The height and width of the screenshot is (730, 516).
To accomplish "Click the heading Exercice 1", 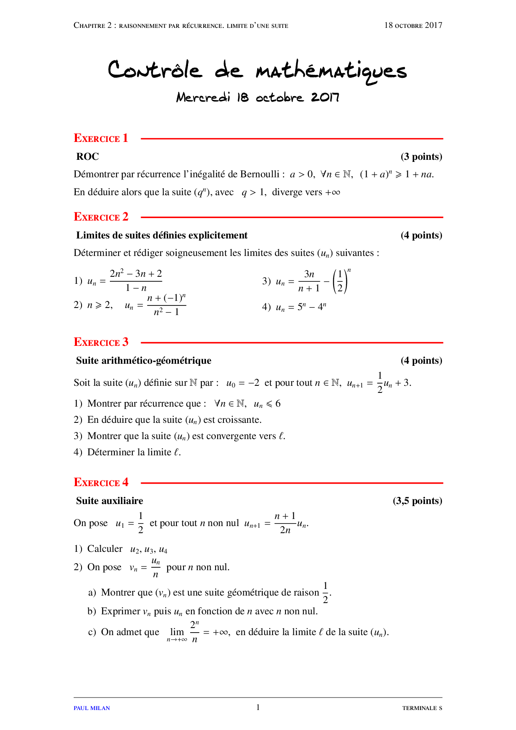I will [101, 138].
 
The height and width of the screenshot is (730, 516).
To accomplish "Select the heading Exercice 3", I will [101, 342].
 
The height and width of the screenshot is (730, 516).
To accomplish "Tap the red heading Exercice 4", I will [101, 482].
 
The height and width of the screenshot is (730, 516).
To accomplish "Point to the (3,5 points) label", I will [417, 501].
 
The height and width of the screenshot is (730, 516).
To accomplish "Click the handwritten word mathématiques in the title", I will [331, 71].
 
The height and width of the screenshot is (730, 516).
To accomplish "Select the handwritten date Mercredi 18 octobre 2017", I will [258, 97].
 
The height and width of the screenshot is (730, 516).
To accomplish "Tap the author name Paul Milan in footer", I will [92, 708].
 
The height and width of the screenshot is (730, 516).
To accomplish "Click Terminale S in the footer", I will [422, 708].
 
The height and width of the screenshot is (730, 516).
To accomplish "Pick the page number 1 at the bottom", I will [258, 707].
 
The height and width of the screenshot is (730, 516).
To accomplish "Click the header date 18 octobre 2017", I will [413, 25].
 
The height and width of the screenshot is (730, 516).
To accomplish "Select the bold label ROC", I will [87, 156].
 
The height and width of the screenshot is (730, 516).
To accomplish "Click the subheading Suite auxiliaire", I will [109, 501].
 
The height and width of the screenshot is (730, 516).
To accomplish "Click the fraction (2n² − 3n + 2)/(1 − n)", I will [136, 281].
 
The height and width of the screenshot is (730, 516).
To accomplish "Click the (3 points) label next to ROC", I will [421, 156].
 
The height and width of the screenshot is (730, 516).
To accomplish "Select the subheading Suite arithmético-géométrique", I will [144, 360].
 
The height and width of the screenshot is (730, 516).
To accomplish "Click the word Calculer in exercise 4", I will [105, 549].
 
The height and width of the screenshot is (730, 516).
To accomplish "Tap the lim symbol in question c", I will [177, 632].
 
